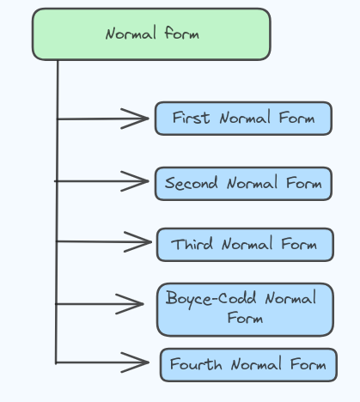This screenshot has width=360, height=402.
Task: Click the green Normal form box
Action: (151, 34)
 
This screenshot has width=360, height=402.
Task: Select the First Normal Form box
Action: (243, 119)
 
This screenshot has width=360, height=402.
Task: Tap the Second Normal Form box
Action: (243, 184)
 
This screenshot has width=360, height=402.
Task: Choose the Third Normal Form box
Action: (245, 245)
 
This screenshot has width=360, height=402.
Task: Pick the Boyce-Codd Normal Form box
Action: (245, 309)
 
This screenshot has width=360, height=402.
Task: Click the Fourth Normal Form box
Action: (248, 365)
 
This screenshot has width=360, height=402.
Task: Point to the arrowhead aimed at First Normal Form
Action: (135, 119)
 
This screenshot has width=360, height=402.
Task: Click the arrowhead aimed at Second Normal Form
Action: (135, 181)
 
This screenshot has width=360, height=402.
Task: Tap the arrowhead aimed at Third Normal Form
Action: (137, 242)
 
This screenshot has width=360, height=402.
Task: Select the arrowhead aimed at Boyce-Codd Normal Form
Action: (130, 304)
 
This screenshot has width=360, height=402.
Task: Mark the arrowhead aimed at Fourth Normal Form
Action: (135, 362)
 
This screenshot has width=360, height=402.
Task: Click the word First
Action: (191, 118)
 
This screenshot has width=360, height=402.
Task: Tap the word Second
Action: (191, 183)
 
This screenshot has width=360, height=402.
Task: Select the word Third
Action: (192, 244)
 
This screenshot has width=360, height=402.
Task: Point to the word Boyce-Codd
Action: (211, 299)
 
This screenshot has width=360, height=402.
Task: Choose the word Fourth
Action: (196, 364)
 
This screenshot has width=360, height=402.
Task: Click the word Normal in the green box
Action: (131, 33)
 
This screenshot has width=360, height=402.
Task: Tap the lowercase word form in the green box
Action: (182, 33)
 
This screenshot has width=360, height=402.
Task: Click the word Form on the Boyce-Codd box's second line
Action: (245, 318)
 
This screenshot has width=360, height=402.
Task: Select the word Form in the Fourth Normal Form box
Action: (308, 364)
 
